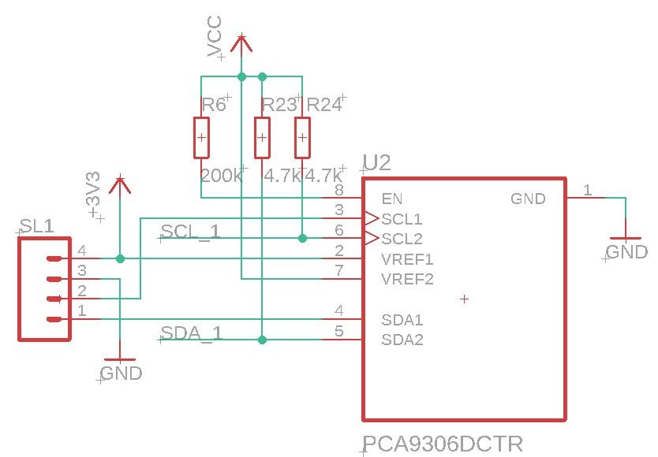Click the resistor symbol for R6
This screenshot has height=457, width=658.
[x=202, y=138]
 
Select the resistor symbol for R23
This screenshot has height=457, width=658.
[x=262, y=138]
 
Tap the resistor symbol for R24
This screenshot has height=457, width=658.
[x=302, y=138]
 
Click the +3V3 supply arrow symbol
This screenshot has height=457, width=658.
[x=120, y=185]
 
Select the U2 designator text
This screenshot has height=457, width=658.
[x=376, y=163]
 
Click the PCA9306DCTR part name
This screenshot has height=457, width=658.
[x=442, y=444]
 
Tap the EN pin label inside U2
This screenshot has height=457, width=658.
[x=392, y=198]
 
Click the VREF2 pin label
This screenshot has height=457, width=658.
[x=407, y=279]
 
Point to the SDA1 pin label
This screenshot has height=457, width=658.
[x=402, y=320]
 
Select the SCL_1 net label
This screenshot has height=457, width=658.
[x=190, y=232]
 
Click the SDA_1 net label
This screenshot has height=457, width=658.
[x=191, y=333]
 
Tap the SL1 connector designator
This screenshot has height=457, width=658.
[x=37, y=227]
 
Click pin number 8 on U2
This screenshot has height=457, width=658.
[x=338, y=190]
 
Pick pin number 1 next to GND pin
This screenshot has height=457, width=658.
[x=587, y=190]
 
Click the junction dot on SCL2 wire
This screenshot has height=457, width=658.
[x=302, y=237]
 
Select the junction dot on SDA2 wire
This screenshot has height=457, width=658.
[x=262, y=340]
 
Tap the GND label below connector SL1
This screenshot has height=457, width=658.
[x=122, y=373]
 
